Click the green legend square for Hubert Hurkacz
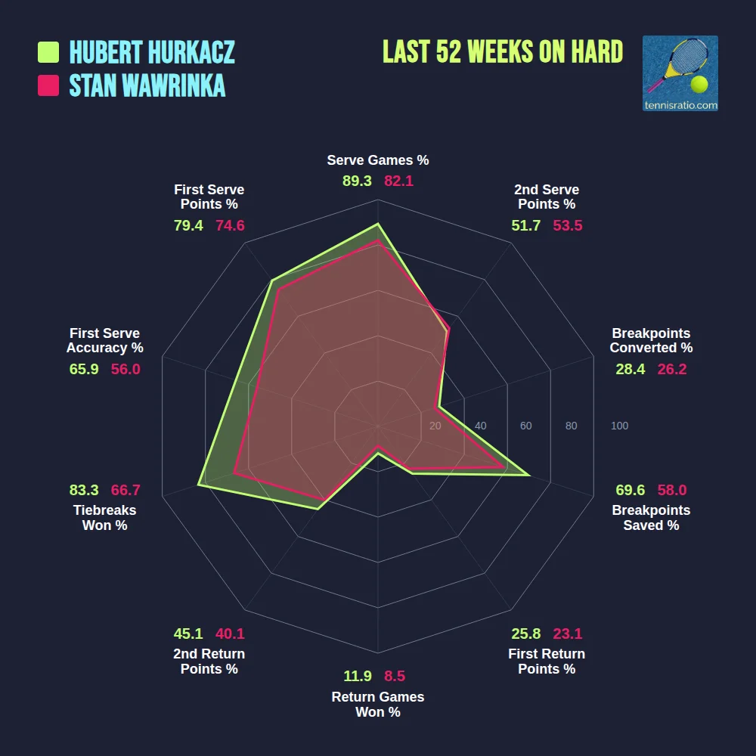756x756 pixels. click(x=48, y=52)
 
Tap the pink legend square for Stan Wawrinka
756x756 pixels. click(x=48, y=85)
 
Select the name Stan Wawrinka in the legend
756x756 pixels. click(x=147, y=85)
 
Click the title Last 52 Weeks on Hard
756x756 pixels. click(x=503, y=51)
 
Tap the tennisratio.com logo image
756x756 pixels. click(x=680, y=73)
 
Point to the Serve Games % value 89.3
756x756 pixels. click(x=357, y=181)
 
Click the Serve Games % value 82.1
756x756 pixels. click(x=398, y=181)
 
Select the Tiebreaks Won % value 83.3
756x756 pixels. click(x=84, y=490)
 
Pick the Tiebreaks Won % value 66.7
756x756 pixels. click(x=125, y=490)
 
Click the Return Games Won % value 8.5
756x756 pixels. click(x=395, y=676)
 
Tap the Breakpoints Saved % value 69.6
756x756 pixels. click(x=631, y=490)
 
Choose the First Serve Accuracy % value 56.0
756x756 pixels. click(x=125, y=369)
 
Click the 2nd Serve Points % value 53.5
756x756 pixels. click(x=568, y=225)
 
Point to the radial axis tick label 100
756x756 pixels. click(x=619, y=426)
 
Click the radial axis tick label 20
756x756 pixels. click(x=435, y=426)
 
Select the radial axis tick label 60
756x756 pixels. click(x=525, y=426)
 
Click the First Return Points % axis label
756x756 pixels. click(x=547, y=661)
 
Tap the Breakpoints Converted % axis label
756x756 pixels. click(x=651, y=340)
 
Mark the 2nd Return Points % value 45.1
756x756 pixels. click(x=188, y=634)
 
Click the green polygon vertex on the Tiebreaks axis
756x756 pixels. click(x=199, y=484)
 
